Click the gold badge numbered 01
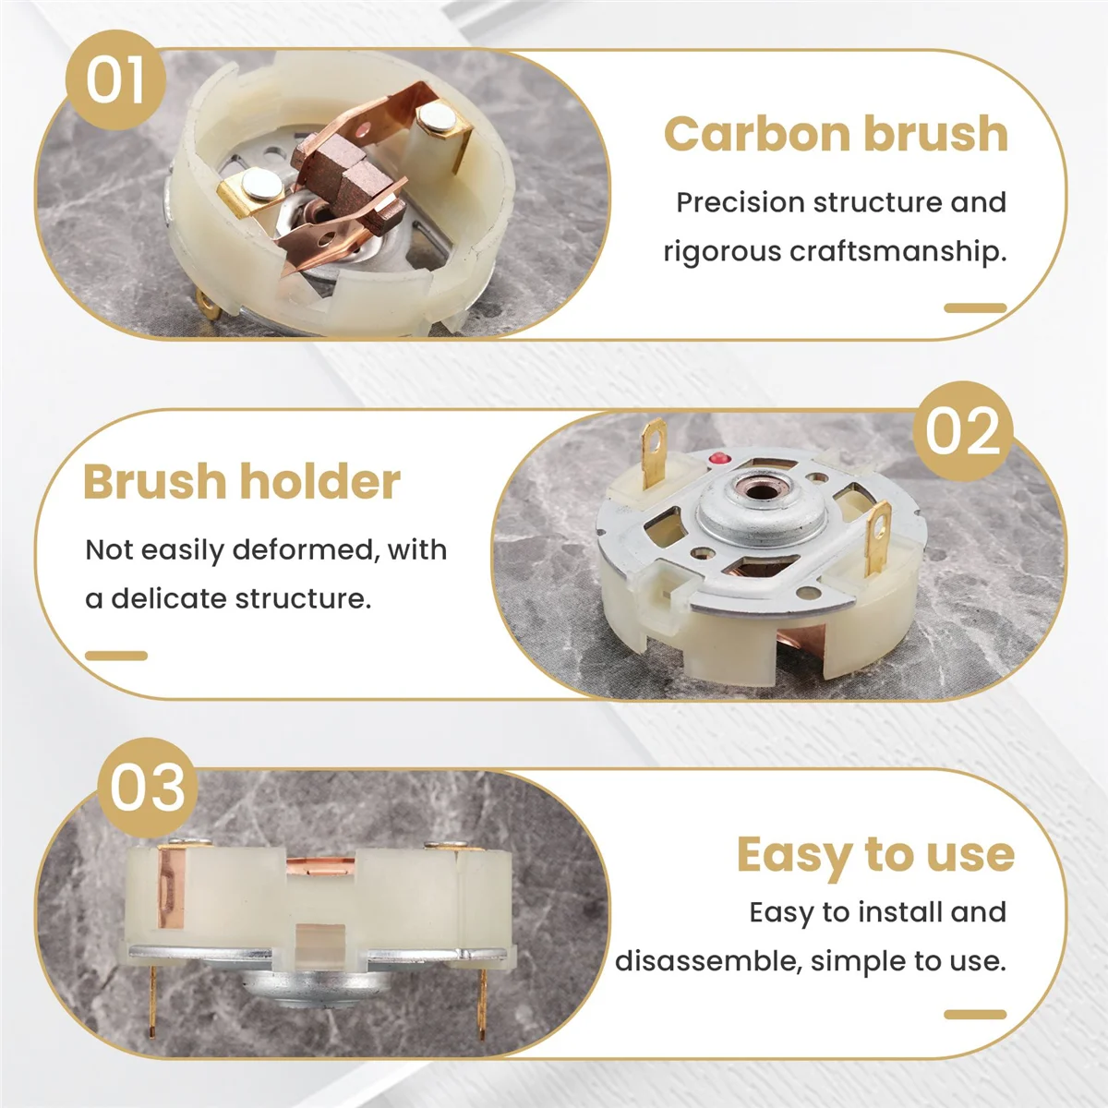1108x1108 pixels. (x=115, y=79)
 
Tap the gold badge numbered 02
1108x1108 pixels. (x=962, y=430)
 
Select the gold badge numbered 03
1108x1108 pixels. (x=148, y=788)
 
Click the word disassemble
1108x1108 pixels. (x=707, y=961)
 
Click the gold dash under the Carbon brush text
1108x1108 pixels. (x=975, y=308)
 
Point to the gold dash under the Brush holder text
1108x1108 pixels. (x=116, y=656)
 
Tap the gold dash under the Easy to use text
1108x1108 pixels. (x=975, y=1015)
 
